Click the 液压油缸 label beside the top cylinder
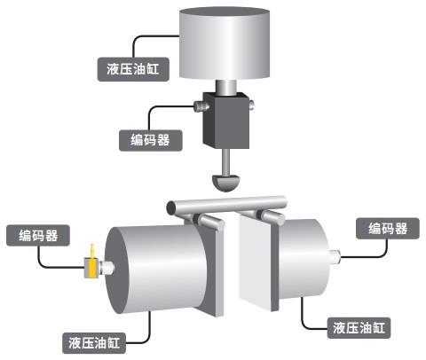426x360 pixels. pos(133,69)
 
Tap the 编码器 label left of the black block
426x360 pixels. pos(150,140)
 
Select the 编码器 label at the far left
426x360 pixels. pos(38,236)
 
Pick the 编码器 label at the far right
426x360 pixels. pos(388,229)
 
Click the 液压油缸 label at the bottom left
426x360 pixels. pos(94,343)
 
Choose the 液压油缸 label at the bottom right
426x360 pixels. pos(359,328)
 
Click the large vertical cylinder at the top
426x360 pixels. pos(225,43)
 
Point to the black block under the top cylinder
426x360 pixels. pos(225,121)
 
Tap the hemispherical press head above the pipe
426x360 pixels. pos(225,183)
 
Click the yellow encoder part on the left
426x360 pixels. pos(92,264)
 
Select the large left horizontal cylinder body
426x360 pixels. pos(156,269)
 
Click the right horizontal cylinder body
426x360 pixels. pos(304,259)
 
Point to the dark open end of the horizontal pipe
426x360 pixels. pos(170,208)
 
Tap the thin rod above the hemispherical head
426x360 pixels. pos(225,162)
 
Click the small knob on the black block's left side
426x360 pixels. pos(199,106)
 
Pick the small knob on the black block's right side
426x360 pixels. pos(251,106)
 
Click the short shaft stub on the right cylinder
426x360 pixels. pos(335,256)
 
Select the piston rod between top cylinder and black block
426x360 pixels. pos(226,88)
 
